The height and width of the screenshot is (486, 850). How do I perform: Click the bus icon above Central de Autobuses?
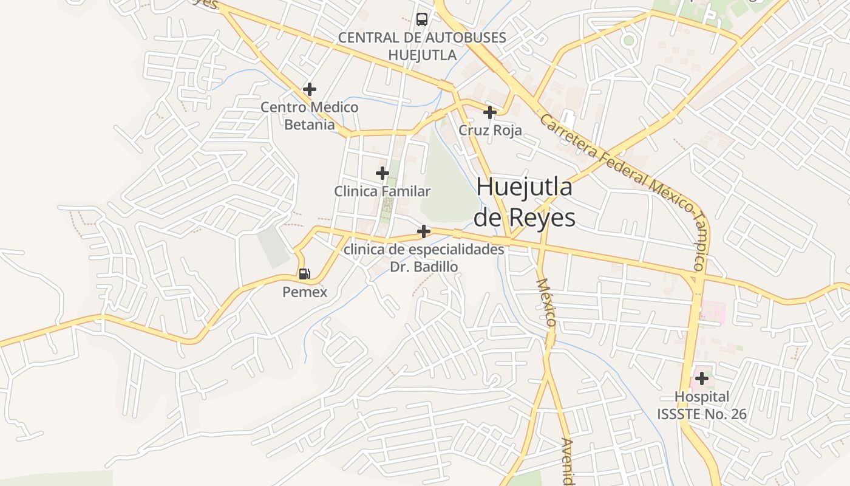(x=422, y=19)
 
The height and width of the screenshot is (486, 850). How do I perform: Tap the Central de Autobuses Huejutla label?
(x=422, y=46)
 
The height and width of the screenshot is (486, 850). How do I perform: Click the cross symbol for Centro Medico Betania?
(x=310, y=89)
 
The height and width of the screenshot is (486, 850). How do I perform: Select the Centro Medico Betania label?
(x=310, y=116)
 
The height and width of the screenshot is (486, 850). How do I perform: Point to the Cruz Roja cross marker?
(x=490, y=112)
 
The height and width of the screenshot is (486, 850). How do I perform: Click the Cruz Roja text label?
(x=490, y=131)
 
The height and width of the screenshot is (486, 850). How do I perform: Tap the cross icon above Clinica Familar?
(x=382, y=173)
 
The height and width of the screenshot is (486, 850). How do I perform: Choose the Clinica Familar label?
(x=382, y=191)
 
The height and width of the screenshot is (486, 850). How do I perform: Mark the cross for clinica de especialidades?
(x=424, y=231)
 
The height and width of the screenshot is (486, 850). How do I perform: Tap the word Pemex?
(x=305, y=292)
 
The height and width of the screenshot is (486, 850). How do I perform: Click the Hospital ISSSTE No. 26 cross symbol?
(x=702, y=378)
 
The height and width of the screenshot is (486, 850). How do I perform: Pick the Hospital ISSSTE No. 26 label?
(x=702, y=406)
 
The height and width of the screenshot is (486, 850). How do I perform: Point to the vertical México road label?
(x=546, y=303)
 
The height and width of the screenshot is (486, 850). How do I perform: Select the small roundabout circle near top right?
(x=628, y=41)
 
